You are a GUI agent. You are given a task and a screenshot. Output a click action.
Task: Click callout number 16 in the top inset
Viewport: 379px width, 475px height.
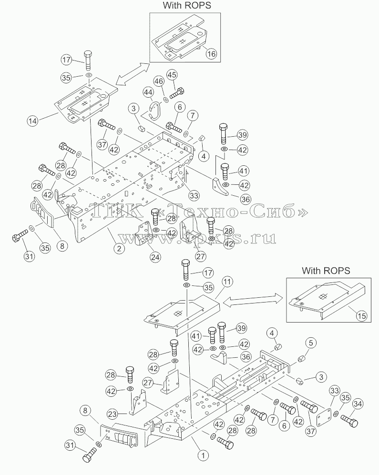click(211, 54)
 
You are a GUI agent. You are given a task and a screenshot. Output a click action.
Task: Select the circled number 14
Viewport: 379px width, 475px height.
click(32, 121)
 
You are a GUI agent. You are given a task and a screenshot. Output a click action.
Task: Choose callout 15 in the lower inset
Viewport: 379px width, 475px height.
click(361, 316)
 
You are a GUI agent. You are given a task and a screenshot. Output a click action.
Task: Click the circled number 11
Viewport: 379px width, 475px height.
click(227, 282)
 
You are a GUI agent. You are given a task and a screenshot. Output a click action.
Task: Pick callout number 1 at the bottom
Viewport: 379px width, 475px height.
click(203, 455)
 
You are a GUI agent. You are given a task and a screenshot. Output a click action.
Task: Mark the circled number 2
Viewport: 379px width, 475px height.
click(119, 248)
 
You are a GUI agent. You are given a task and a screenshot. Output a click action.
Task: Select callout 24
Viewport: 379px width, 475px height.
click(155, 257)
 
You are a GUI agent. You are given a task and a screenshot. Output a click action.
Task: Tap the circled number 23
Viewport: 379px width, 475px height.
click(113, 414)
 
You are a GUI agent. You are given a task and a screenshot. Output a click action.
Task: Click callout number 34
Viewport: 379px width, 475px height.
click(358, 404)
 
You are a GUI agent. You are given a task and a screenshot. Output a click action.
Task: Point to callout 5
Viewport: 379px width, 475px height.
click(311, 343)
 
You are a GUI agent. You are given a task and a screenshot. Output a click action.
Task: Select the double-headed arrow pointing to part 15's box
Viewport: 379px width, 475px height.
click(250, 299)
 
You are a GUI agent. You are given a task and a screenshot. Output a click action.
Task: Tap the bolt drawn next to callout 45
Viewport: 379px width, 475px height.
click(177, 92)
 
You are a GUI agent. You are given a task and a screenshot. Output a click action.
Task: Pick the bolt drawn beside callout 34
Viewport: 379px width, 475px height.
click(349, 421)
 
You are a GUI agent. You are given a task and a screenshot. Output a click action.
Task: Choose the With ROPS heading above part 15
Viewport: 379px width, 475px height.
click(326, 271)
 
